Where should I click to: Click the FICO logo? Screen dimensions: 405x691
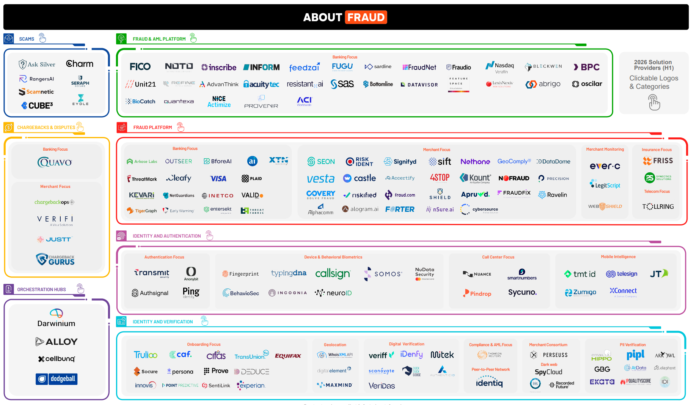coord(140,67)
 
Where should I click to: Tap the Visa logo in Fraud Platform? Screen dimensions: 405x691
coord(218,178)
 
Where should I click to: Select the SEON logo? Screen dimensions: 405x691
coord(321,162)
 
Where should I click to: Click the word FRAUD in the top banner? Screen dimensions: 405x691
coord(366,17)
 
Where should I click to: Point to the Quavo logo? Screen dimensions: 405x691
coord(55,162)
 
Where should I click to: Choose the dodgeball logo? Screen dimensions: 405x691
coord(57,379)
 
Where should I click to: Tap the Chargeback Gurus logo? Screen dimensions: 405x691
coord(55,259)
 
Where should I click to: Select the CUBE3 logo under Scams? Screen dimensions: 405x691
coord(37,106)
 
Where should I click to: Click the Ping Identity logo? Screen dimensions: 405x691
coord(191,292)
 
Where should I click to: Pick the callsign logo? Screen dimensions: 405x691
coord(333,274)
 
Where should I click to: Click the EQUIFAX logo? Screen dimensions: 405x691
coord(288,356)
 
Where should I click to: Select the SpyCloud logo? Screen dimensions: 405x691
coord(548,372)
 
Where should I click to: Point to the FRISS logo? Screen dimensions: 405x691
coord(658,161)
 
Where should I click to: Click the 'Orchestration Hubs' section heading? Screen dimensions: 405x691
coord(42,290)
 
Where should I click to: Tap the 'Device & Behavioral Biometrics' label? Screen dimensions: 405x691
coord(333,257)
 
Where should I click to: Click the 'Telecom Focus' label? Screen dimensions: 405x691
coord(657,192)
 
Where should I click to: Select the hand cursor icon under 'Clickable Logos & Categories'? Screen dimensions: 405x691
coord(654,102)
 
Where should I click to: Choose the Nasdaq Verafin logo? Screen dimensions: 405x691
coord(500,67)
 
